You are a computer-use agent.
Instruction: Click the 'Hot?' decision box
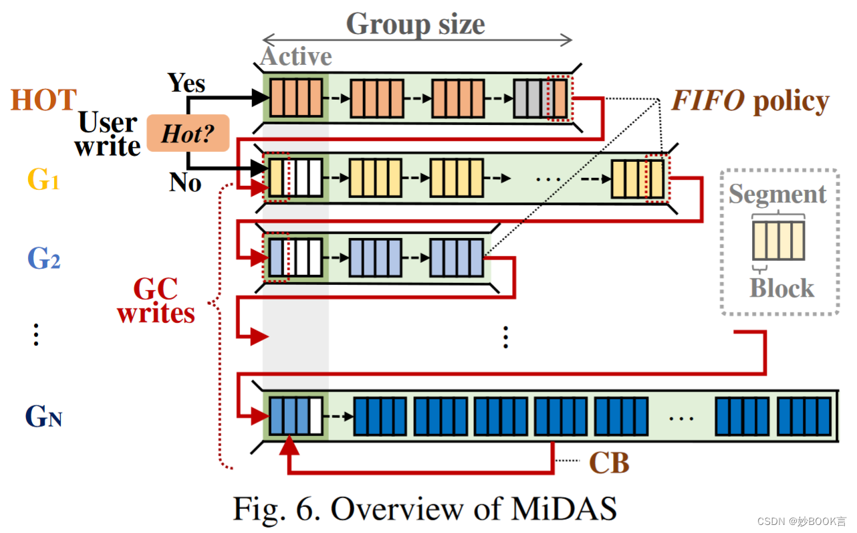click(x=188, y=133)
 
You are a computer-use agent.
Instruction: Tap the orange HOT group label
click(x=43, y=100)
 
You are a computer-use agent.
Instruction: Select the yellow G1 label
click(x=43, y=179)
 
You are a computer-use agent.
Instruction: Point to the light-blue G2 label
click(x=43, y=258)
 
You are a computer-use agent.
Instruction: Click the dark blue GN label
click(x=43, y=416)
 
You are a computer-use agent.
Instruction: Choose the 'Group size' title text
click(x=415, y=24)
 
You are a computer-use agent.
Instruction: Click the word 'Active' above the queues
click(x=296, y=57)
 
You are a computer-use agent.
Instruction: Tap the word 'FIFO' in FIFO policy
click(x=708, y=101)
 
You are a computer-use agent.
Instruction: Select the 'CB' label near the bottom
click(x=608, y=463)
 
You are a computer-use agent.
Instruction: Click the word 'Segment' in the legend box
click(x=777, y=194)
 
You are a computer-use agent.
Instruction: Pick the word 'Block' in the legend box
click(x=781, y=288)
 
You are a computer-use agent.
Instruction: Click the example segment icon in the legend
click(x=778, y=241)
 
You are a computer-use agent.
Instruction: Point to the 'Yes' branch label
click(x=187, y=83)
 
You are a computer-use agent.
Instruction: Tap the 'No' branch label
click(x=185, y=182)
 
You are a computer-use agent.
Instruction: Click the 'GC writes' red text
click(x=156, y=301)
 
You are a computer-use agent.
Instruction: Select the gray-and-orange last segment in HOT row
click(x=540, y=98)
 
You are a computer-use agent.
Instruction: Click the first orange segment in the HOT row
click(x=295, y=98)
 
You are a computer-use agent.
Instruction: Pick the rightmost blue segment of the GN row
click(x=804, y=417)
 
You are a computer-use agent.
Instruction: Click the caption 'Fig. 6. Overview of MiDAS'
click(x=424, y=509)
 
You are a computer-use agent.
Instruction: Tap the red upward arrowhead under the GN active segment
click(x=289, y=445)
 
